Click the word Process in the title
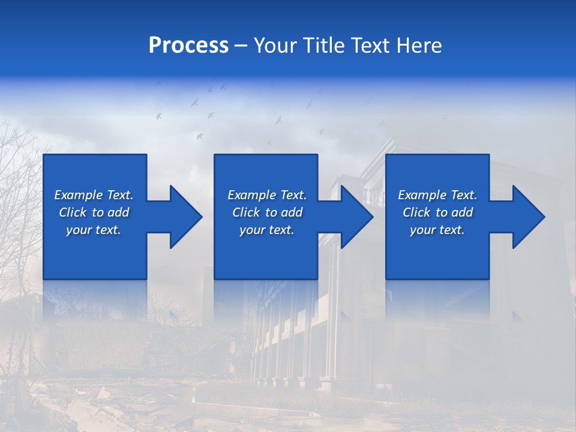[188, 46]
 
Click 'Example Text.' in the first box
[94, 195]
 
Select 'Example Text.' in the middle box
[267, 195]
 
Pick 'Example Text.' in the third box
[437, 195]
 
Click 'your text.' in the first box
[94, 230]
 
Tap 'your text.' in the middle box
[267, 230]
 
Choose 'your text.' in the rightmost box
[437, 230]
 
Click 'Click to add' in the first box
[94, 212]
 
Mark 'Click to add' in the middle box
[267, 212]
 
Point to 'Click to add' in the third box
[437, 212]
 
